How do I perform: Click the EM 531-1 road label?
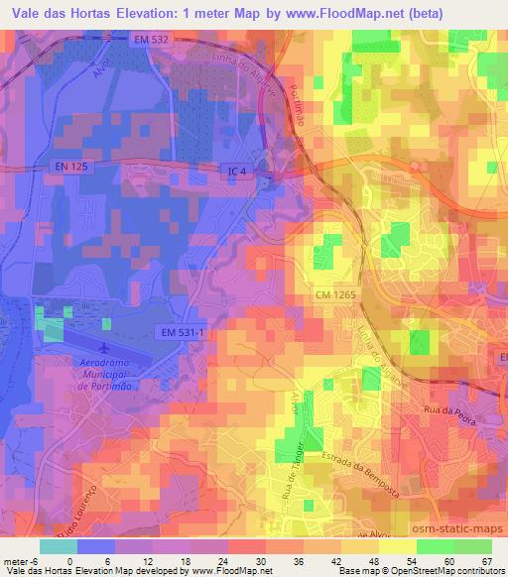tap(181, 334)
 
